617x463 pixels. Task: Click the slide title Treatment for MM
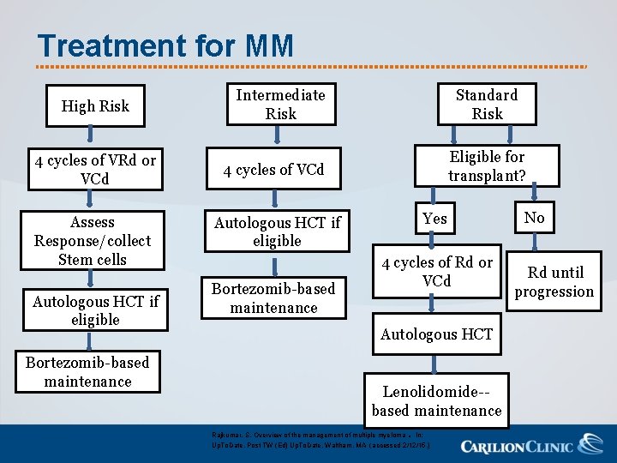coord(165,45)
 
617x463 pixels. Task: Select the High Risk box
coord(95,106)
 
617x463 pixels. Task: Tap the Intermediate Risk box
coord(280,105)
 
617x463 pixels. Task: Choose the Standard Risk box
coord(487,104)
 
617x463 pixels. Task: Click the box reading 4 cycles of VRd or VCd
coord(95,170)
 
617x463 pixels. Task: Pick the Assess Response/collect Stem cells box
coord(92,241)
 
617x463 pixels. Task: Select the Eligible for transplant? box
coord(486,166)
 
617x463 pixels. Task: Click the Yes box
coord(435,219)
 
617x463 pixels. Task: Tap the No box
coord(534,218)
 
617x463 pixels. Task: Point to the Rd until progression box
coord(554,282)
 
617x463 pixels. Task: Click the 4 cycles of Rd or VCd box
coord(437,272)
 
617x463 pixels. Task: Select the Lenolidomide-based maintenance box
coord(436,401)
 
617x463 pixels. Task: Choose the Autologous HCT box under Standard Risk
coord(436,334)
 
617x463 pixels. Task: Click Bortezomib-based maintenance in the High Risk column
coord(87,372)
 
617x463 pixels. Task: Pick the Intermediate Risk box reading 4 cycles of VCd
coord(274,170)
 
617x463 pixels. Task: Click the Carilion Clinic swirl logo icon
coord(590,444)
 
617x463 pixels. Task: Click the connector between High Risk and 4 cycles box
coord(92,138)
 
